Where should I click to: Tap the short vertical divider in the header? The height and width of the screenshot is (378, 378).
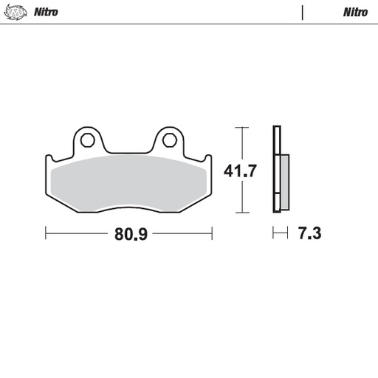coord(303,13)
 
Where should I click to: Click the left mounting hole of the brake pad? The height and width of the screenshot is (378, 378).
coord(89,139)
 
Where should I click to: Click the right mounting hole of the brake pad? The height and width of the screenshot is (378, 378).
coord(168,139)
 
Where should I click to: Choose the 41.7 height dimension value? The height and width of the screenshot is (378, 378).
coord(239,171)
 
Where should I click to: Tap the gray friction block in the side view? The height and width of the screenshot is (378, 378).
coord(283,181)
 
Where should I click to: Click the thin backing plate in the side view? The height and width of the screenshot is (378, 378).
coord(275,170)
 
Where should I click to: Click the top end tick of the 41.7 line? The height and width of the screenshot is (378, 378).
coord(239,127)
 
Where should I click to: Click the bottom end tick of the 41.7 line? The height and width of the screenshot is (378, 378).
coord(239,213)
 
